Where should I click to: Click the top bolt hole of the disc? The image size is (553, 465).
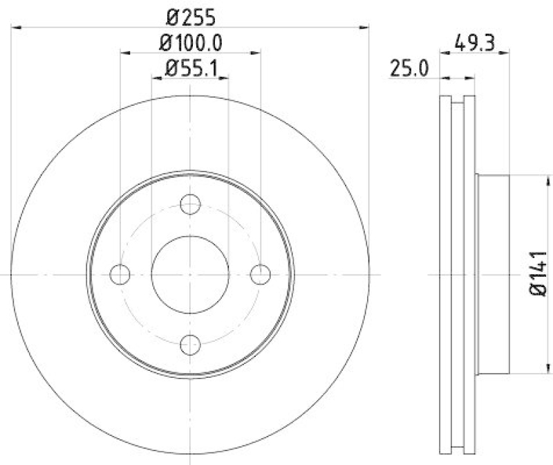[190, 204]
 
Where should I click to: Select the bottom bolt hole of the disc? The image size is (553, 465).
[190, 344]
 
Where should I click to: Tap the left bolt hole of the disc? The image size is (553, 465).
[120, 274]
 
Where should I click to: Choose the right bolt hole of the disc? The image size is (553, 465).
[260, 274]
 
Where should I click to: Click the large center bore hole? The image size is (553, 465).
[190, 274]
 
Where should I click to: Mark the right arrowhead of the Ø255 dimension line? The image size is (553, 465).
[366, 27]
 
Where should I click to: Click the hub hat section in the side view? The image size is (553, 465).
[493, 275]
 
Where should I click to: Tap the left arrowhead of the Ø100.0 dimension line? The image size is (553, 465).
[124, 52]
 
